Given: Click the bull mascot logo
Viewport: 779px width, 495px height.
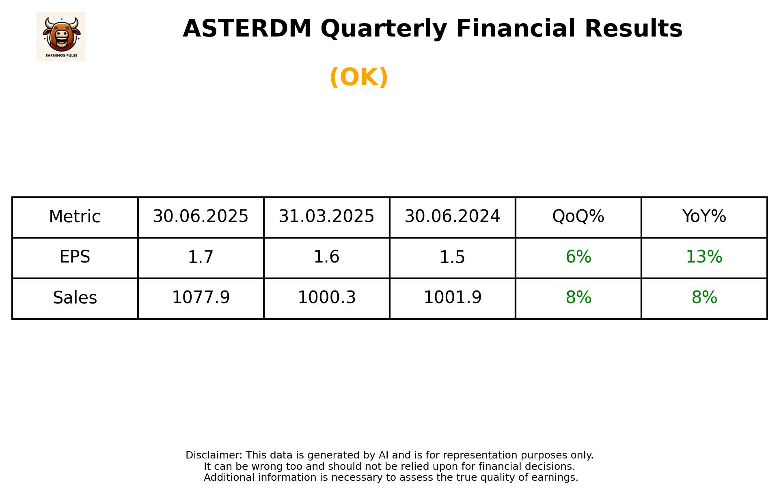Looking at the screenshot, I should tap(61, 36).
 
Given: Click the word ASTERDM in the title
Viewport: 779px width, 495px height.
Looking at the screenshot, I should tap(247, 29).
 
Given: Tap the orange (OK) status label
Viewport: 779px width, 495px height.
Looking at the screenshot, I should tap(359, 77).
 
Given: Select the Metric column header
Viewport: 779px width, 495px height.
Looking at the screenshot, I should tap(75, 217).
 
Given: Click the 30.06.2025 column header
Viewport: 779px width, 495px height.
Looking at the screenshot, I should tap(201, 217).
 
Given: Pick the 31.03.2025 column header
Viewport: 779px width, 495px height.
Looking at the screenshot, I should tap(326, 217).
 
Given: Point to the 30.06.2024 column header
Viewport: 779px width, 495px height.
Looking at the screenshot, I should tap(452, 217).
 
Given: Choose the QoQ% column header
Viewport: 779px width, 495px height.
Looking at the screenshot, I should tap(578, 217).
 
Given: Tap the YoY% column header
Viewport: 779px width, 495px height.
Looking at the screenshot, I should tap(704, 217).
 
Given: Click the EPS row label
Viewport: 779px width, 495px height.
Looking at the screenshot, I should tap(75, 257).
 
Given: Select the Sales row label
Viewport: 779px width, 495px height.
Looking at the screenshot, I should tap(75, 298).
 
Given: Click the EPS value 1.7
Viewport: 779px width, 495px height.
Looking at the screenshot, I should tap(201, 257).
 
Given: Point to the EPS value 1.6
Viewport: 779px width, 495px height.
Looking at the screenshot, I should tap(326, 257).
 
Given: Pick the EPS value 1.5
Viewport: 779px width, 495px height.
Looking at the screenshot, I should tap(452, 257).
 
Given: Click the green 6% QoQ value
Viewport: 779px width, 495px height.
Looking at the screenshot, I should tap(578, 257).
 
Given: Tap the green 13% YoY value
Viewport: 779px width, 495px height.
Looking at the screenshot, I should tap(704, 257).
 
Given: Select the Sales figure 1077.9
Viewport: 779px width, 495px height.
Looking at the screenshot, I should tap(201, 298).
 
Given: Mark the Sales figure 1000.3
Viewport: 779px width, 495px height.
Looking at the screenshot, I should tap(326, 298).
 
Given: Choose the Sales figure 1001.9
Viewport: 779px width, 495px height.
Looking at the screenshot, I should tap(452, 298).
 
